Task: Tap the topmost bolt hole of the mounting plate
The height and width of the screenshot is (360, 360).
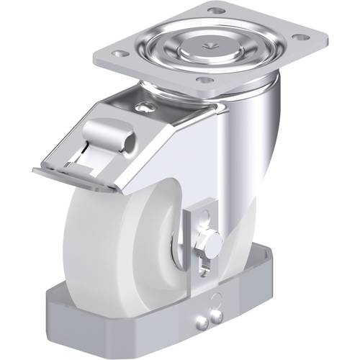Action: [x=214, y=11]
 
